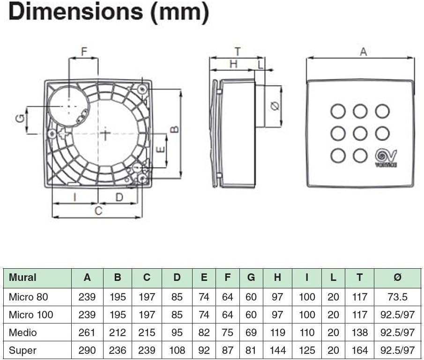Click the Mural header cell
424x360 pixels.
pyautogui.click(x=22, y=278)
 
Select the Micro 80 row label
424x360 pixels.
pyautogui.click(x=28, y=297)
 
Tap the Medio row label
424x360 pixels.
pyautogui.click(x=22, y=333)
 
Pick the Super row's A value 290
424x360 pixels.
pyautogui.click(x=87, y=351)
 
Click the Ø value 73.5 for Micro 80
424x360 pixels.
pyautogui.click(x=397, y=297)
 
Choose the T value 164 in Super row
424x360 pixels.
pyautogui.click(x=359, y=351)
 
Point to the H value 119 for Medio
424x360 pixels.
pyautogui.click(x=277, y=333)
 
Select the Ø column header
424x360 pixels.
pyautogui.click(x=397, y=278)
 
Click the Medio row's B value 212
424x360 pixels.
pyautogui.click(x=117, y=333)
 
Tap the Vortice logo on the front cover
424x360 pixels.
pyautogui.click(x=386, y=157)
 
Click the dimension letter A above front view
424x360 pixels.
pyautogui.click(x=363, y=52)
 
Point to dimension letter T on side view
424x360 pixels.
pyautogui.click(x=238, y=51)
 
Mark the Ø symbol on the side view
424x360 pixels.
pyautogui.click(x=275, y=106)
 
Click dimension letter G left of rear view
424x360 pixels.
pyautogui.click(x=20, y=119)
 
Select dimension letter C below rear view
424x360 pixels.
pyautogui.click(x=98, y=211)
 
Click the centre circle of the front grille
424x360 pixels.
pyautogui.click(x=360, y=133)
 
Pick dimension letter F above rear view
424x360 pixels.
pyautogui.click(x=84, y=51)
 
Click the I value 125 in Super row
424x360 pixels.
pyautogui.click(x=307, y=351)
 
